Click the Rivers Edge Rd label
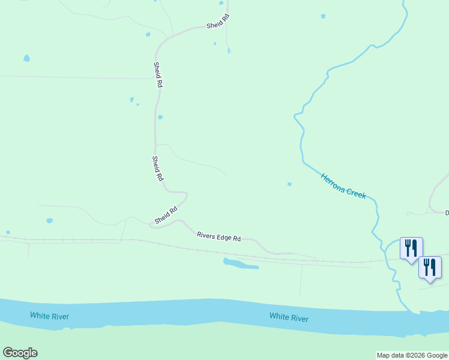(x=218, y=236)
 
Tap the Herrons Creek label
(x=343, y=187)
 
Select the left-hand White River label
(x=50, y=316)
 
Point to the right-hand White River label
(x=289, y=317)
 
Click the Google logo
(x=20, y=353)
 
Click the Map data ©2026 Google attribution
(x=412, y=355)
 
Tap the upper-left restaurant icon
(x=411, y=247)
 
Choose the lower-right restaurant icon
(x=430, y=266)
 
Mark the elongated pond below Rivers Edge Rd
(x=240, y=263)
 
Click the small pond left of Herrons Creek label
(x=289, y=184)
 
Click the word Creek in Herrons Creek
(x=355, y=193)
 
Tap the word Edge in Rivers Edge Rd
(x=223, y=237)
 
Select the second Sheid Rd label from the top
(x=158, y=76)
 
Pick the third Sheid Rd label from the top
(x=157, y=169)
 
